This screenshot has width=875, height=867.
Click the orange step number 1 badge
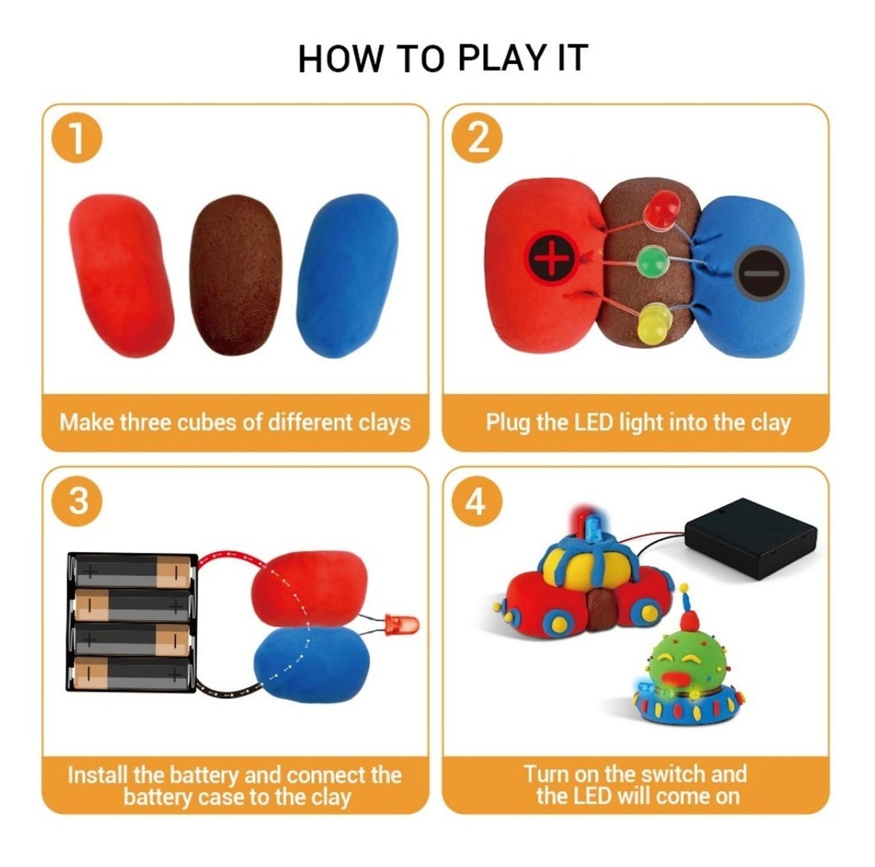pyautogui.click(x=77, y=139)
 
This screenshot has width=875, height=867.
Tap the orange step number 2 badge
pyautogui.click(x=477, y=139)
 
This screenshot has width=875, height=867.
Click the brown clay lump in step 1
pyautogui.click(x=235, y=275)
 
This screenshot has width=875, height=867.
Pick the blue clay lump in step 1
pyautogui.click(x=347, y=275)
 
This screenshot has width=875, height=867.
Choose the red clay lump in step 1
pyautogui.click(x=121, y=275)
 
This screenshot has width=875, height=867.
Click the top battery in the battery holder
pyautogui.click(x=132, y=571)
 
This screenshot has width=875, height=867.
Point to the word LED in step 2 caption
pyautogui.click(x=588, y=422)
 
